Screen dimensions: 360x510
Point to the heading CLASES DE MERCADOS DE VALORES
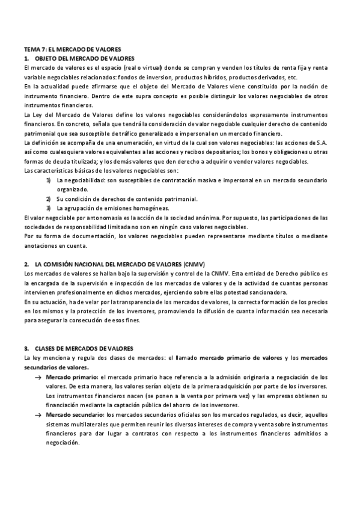(84, 349)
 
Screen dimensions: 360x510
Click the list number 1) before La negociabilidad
(49, 180)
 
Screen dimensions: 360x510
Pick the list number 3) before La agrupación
(49, 208)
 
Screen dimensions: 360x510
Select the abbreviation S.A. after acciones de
(322, 143)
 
